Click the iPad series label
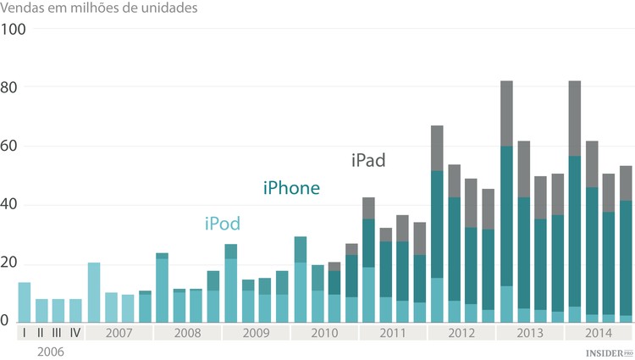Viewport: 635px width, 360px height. (x=368, y=160)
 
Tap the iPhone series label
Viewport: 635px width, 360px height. (x=291, y=188)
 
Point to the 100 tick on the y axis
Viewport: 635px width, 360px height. (x=14, y=30)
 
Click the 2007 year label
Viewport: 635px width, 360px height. (x=119, y=333)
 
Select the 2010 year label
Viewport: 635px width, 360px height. (x=323, y=333)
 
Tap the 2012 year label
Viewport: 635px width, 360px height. (x=461, y=333)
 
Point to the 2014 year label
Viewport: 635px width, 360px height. (x=598, y=333)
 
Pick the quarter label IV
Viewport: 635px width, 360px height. (x=75, y=333)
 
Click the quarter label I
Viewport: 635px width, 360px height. (x=25, y=333)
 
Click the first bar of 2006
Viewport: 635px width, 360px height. (x=25, y=302)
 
